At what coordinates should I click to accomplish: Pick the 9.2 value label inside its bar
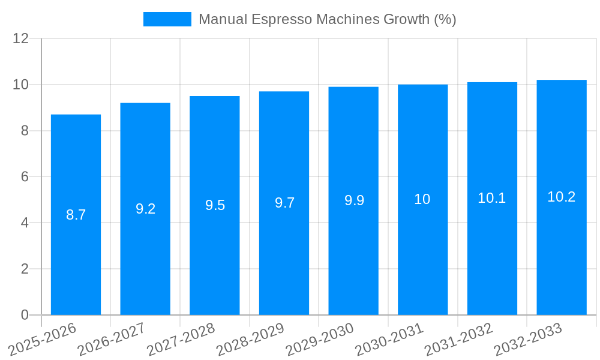[145, 209]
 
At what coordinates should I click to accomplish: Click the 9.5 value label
[215, 205]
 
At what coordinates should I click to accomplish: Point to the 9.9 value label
[354, 200]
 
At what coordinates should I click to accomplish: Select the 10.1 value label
[492, 198]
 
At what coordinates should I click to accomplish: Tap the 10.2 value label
[562, 197]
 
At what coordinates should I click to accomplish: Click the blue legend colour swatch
[167, 19]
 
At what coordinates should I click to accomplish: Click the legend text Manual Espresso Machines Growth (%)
[327, 19]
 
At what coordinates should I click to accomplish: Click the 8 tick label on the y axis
[25, 131]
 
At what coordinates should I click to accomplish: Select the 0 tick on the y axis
[25, 315]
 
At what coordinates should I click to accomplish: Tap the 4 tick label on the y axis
[25, 223]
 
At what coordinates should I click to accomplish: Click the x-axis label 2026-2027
[112, 339]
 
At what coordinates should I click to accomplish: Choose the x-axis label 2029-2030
[320, 339]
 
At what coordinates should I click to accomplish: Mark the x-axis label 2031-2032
[459, 339]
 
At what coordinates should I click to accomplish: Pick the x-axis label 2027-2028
[181, 339]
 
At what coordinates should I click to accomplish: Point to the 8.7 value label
[76, 215]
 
